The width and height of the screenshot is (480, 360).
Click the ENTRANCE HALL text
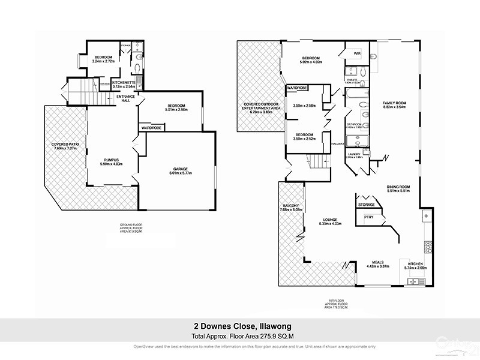[126, 98]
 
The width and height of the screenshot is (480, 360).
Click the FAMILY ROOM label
[395, 103]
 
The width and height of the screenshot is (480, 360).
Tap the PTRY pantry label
[361, 217]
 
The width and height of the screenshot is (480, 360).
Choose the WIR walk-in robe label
[357, 54]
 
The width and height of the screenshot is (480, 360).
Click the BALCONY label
[290, 206]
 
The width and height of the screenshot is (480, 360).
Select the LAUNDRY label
[353, 154]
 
